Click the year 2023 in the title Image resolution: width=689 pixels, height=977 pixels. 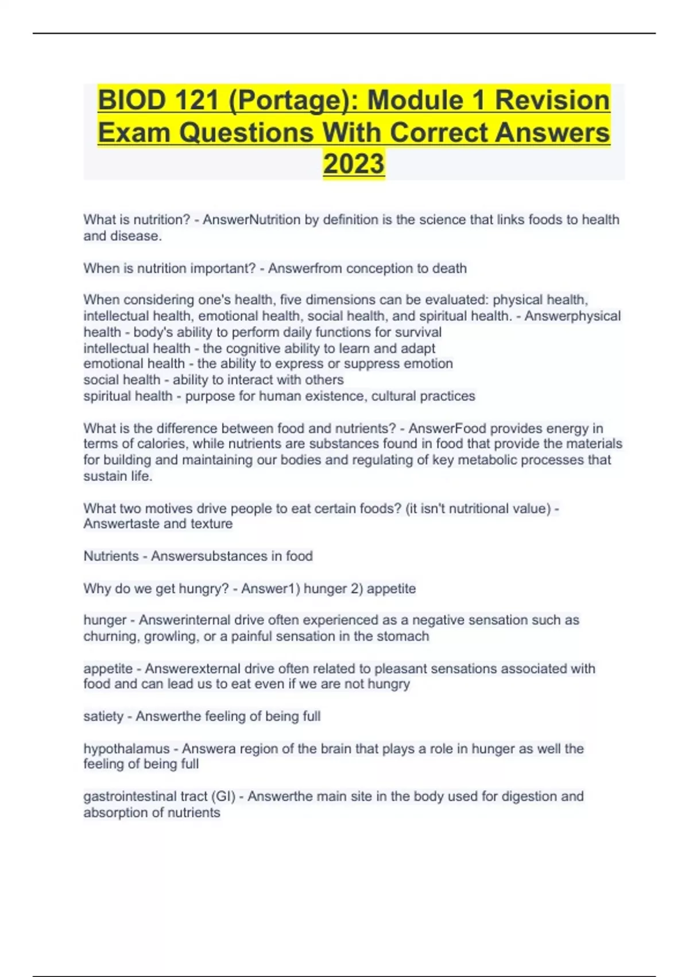pyautogui.click(x=354, y=164)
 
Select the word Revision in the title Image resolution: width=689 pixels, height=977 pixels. pyautogui.click(x=552, y=101)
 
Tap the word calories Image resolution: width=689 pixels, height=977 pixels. pyautogui.click(x=162, y=444)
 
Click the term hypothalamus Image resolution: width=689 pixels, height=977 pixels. pyautogui.click(x=126, y=749)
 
